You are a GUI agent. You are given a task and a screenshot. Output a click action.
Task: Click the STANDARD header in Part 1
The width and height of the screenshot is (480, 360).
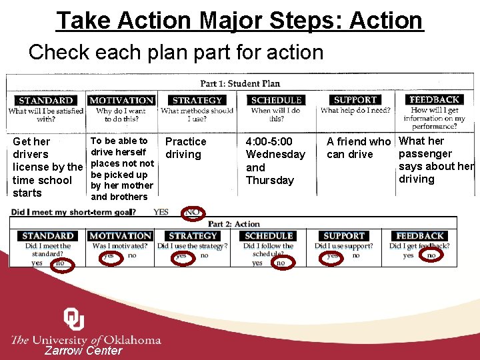coord(46,101)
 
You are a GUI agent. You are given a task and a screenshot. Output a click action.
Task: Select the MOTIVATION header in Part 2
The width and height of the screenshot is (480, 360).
coord(121,236)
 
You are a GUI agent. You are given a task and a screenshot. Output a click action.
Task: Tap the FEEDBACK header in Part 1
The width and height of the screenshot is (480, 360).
coord(434,99)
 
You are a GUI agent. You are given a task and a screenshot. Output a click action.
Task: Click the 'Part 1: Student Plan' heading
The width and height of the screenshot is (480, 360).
coord(240,83)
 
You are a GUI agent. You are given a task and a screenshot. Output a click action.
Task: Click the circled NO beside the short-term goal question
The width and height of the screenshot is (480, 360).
coord(193,212)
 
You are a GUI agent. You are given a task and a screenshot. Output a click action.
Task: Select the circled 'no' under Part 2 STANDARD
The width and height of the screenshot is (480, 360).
coord(59,263)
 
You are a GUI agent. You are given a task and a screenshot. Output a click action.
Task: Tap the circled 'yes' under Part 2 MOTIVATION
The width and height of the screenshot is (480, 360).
coord(108,255)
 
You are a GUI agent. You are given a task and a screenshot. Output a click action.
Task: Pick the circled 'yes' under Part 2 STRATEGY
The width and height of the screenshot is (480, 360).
coord(181,255)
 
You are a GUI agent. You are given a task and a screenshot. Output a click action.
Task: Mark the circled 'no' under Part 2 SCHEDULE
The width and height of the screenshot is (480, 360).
coord(281,263)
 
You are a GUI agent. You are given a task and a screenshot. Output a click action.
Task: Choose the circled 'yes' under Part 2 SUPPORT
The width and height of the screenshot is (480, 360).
coord(332,255)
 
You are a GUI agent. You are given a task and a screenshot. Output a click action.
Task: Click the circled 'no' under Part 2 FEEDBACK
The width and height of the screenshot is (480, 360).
coord(431,255)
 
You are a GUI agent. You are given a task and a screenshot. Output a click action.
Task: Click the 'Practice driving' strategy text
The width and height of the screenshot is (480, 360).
coord(185,148)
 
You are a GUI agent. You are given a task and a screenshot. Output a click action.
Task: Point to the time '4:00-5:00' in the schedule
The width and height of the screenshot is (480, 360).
coord(269,141)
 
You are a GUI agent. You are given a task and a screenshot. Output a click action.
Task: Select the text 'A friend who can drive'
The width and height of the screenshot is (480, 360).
coord(358,148)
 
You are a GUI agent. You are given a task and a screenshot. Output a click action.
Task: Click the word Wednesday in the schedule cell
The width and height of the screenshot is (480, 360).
coord(275,155)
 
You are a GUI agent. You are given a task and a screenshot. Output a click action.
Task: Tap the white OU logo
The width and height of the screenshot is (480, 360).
coord(74,319)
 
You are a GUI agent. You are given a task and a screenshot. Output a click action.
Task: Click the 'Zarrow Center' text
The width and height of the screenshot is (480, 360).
coord(83,351)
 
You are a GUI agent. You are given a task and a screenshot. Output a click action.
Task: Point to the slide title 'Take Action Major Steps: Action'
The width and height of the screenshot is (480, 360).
coord(240,21)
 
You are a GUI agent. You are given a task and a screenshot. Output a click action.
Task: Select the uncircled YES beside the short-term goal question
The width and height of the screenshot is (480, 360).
coord(161,212)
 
